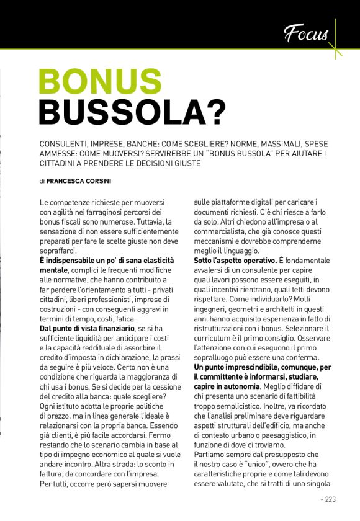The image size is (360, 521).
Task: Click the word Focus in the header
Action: tap(306, 33)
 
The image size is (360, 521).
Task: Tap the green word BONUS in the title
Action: tap(100, 81)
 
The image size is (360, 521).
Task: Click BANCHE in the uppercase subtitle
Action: tap(150, 143)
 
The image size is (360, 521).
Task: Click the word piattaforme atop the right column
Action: tap(230, 203)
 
